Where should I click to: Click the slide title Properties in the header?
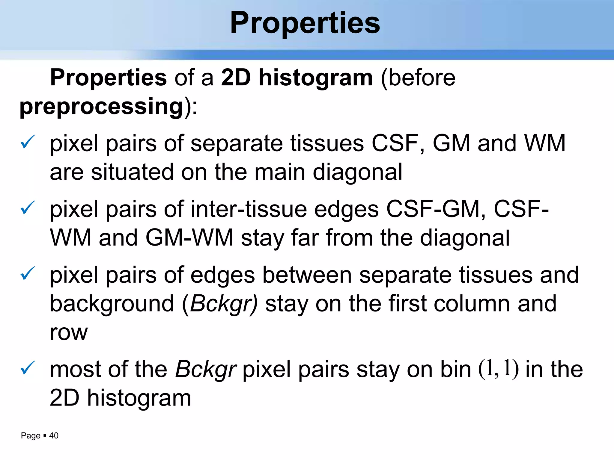[305, 23]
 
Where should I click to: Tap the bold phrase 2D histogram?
[297, 78]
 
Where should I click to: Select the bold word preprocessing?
[101, 106]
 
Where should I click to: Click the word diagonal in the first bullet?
[357, 172]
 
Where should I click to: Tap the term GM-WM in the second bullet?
[189, 238]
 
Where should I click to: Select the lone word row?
[69, 332]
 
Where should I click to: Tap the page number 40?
[54, 435]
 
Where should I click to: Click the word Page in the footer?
[31, 435]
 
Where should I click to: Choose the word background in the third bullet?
[112, 304]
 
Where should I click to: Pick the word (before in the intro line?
[418, 78]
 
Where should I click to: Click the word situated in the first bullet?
[132, 172]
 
